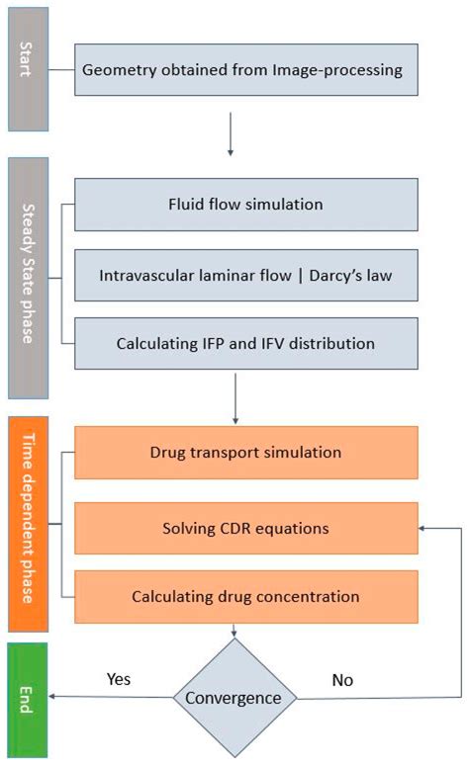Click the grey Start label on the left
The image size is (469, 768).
[28, 69]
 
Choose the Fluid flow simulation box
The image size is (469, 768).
[246, 206]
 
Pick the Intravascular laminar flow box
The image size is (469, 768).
[246, 275]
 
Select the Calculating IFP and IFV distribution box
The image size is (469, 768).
[246, 343]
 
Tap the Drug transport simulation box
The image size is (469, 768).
[246, 452]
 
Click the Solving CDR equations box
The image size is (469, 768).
[246, 528]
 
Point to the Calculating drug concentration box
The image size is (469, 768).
[246, 596]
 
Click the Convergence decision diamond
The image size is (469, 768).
[234, 699]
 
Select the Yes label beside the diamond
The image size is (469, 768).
[119, 680]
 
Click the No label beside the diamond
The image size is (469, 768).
[342, 680]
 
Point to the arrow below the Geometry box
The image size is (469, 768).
[231, 136]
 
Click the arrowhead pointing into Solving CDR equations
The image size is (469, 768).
[423, 528]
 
